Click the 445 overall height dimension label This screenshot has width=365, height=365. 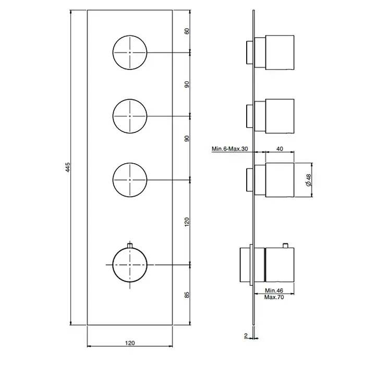[x=68, y=167]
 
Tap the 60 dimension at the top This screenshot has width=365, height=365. [x=187, y=31]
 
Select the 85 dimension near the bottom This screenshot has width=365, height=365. [x=187, y=295]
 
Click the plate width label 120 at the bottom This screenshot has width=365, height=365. [x=130, y=343]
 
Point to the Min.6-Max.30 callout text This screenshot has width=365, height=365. [x=230, y=149]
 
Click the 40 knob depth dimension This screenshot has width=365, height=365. [x=279, y=149]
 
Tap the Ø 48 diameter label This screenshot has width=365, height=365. [x=309, y=180]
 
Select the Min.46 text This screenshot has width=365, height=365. [x=274, y=290]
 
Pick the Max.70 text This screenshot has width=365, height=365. [x=274, y=297]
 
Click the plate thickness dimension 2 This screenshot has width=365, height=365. [x=246, y=335]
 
